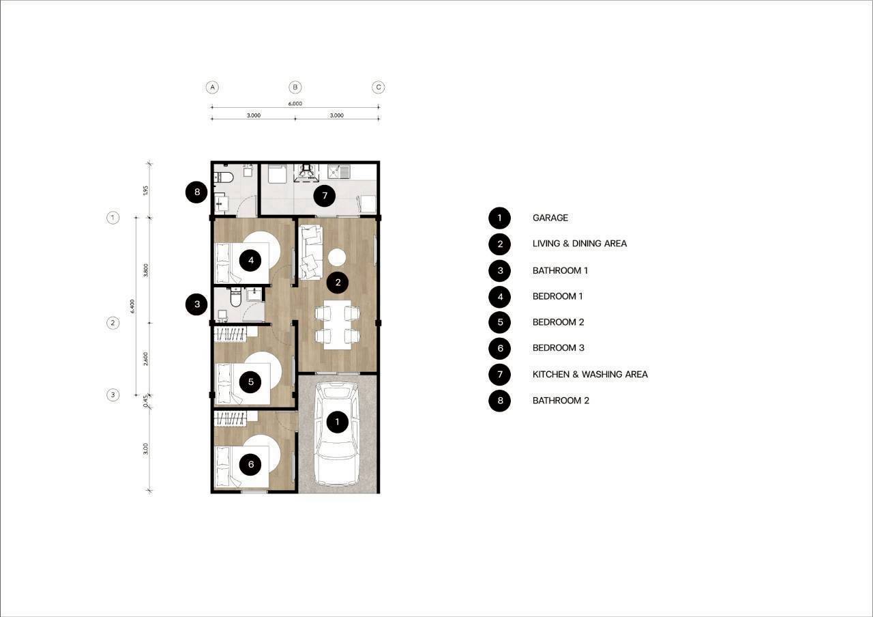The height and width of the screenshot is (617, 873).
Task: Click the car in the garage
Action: pos(337,433)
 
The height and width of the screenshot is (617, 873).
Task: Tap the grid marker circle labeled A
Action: pos(212,87)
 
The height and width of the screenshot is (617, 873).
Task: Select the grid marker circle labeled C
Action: pos(378,87)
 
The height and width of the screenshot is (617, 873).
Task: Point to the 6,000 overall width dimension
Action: pos(295,104)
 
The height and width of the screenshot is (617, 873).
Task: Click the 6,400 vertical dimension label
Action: pos(132,306)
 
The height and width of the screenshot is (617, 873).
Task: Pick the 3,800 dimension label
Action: pos(146,270)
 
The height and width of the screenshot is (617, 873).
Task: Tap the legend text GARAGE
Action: pos(550,218)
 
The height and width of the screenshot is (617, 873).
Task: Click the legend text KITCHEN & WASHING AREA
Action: pos(590,375)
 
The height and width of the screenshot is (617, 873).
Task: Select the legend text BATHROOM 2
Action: pos(561,401)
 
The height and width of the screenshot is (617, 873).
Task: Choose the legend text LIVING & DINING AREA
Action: pos(580,244)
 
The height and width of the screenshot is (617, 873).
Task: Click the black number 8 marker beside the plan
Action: pos(197,192)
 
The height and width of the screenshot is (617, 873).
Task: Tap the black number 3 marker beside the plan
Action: pos(197,304)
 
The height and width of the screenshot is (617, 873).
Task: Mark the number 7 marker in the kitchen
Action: pos(325,196)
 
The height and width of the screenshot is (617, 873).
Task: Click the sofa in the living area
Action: pos(311,252)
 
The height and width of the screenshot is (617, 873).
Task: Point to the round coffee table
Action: pos(337,257)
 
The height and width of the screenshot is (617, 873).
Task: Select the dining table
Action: pos(337,324)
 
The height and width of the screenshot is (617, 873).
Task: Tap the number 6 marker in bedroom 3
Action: pos(250,464)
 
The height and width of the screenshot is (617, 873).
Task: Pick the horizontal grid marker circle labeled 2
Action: pos(113,323)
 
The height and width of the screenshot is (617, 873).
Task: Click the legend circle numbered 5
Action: pos(500,322)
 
